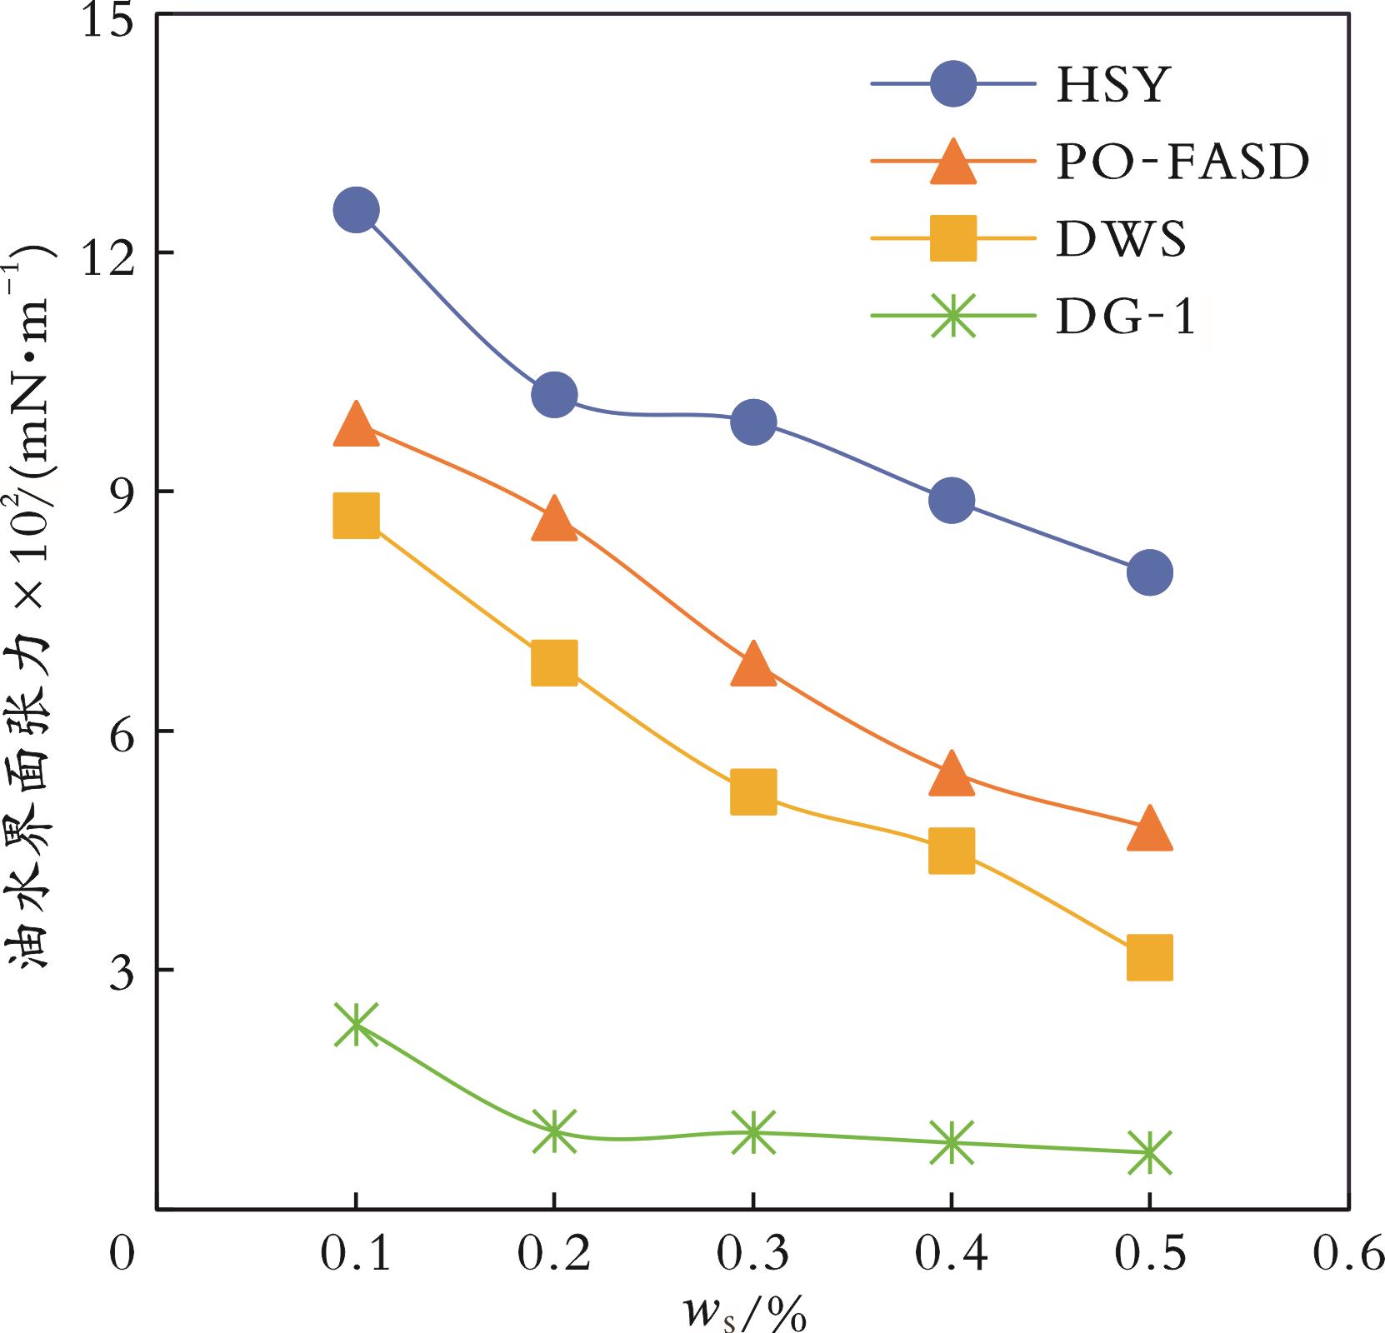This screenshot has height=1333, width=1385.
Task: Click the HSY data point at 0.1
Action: pyautogui.click(x=356, y=210)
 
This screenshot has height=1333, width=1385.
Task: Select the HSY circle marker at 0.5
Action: pyautogui.click(x=1150, y=572)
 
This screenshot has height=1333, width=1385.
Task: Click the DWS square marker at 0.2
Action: pyautogui.click(x=554, y=663)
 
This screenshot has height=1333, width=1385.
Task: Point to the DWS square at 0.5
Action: pyautogui.click(x=1150, y=957)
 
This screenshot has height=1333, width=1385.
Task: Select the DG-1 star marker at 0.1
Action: pyautogui.click(x=356, y=1024)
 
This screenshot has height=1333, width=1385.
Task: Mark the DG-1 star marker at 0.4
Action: pyautogui.click(x=952, y=1142)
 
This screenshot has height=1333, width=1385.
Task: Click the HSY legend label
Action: pyautogui.click(x=1113, y=84)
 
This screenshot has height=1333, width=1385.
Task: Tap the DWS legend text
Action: pyautogui.click(x=1121, y=239)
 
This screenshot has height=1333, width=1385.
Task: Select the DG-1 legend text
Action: pyautogui.click(x=1126, y=317)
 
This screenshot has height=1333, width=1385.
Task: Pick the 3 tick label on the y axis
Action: pyautogui.click(x=121, y=970)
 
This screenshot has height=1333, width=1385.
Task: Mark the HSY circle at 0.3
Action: pyautogui.click(x=753, y=422)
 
